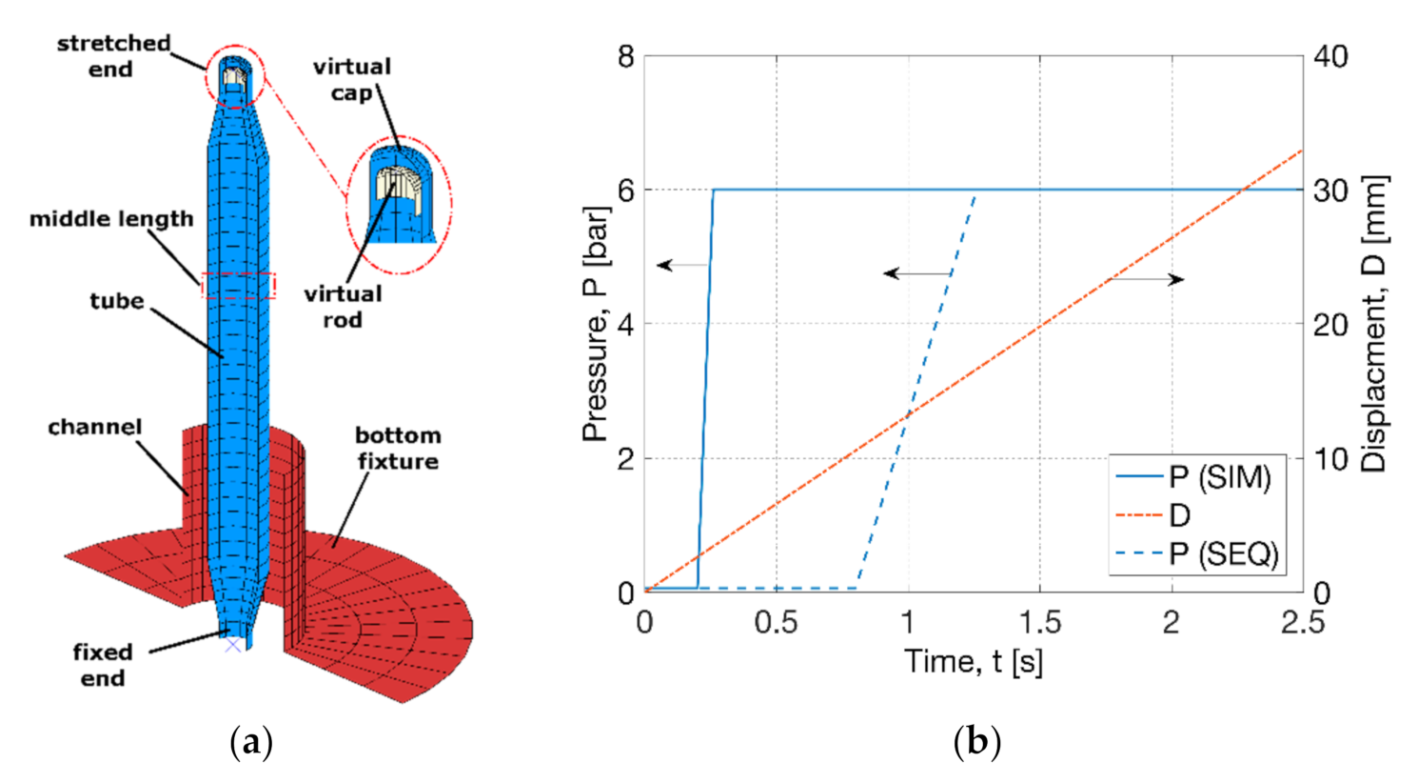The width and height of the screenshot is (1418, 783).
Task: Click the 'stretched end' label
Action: point(112,56)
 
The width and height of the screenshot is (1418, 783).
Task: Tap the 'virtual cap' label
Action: point(351,79)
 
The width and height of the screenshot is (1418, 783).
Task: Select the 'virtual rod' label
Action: point(343,307)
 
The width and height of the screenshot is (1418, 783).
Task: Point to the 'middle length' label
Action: point(110,219)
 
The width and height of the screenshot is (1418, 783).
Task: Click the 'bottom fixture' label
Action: point(397,448)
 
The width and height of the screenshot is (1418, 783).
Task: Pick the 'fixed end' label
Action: point(102,665)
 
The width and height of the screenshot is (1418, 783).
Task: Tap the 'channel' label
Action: point(94,427)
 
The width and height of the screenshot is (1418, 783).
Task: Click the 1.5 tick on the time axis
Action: point(1040,622)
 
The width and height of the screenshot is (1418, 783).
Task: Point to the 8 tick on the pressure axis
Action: point(625,56)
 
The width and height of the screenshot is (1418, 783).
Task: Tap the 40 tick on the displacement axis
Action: point(1329,56)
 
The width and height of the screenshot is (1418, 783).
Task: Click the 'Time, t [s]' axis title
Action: point(973,661)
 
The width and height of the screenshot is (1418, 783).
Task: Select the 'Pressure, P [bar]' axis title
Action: point(596,324)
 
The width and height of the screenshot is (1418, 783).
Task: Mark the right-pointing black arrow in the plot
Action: point(1149,279)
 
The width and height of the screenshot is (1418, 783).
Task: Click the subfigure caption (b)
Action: point(976,742)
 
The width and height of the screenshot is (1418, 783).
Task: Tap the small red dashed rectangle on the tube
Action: point(238,286)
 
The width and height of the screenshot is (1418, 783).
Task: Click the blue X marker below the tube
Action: point(232,645)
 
